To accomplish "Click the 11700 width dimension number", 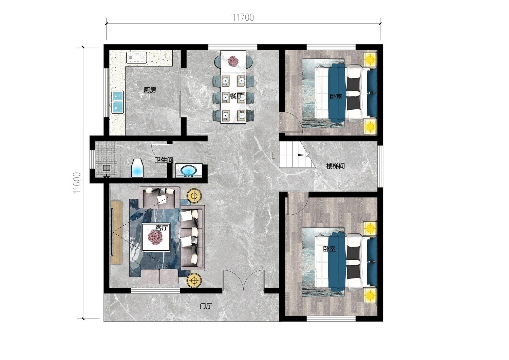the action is [x=243, y=18].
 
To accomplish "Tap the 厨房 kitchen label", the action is [x=150, y=90].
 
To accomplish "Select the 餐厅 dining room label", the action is [x=236, y=96].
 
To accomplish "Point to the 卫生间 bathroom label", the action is [x=164, y=160].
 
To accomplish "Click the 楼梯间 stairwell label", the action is [x=335, y=166].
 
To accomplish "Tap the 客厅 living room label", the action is [x=162, y=228].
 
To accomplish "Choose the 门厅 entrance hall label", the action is [x=206, y=306].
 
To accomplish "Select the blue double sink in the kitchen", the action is [x=118, y=102].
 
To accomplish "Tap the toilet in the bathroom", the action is [x=138, y=167].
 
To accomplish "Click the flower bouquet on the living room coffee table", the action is [x=155, y=237].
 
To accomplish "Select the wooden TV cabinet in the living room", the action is [x=117, y=232].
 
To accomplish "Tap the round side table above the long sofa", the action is [x=194, y=196].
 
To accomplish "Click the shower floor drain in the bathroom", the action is [x=106, y=168].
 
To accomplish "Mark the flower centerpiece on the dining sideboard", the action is [x=233, y=61].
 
